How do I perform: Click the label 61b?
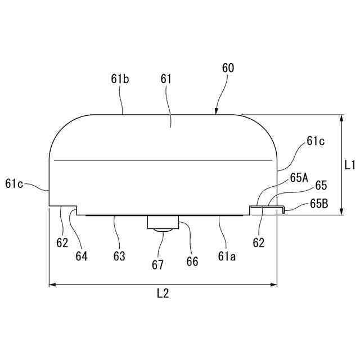tap(120, 79)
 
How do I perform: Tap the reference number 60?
tap(228, 68)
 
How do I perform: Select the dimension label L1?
tap(350, 165)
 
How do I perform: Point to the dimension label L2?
tap(163, 293)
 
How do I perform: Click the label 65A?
tap(299, 178)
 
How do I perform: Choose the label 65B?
tap(318, 204)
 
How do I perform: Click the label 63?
tap(119, 256)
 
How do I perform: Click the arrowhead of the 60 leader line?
tap(217, 112)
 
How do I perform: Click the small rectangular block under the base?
tap(164, 222)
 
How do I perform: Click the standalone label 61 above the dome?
tap(166, 79)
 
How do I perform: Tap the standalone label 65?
tap(321, 185)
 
